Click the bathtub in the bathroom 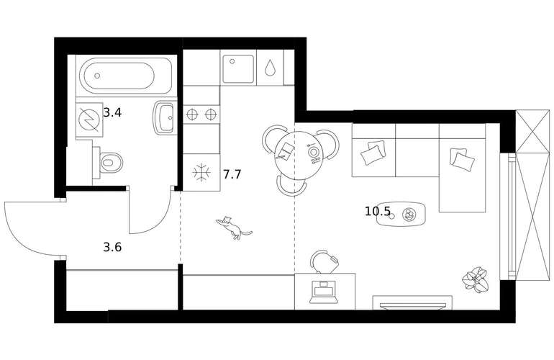click(126, 76)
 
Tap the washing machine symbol click(89, 120)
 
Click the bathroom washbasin click(164, 118)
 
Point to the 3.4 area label click(112, 113)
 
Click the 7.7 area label click(232, 174)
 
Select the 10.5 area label click(378, 212)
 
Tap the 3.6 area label click(112, 247)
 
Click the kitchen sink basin click(238, 69)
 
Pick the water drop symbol click(271, 67)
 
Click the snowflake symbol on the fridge click(201, 173)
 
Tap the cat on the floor click(233, 228)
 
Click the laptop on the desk click(324, 292)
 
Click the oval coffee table click(401, 215)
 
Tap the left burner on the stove click(191, 114)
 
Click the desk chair click(324, 261)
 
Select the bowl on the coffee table click(409, 215)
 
